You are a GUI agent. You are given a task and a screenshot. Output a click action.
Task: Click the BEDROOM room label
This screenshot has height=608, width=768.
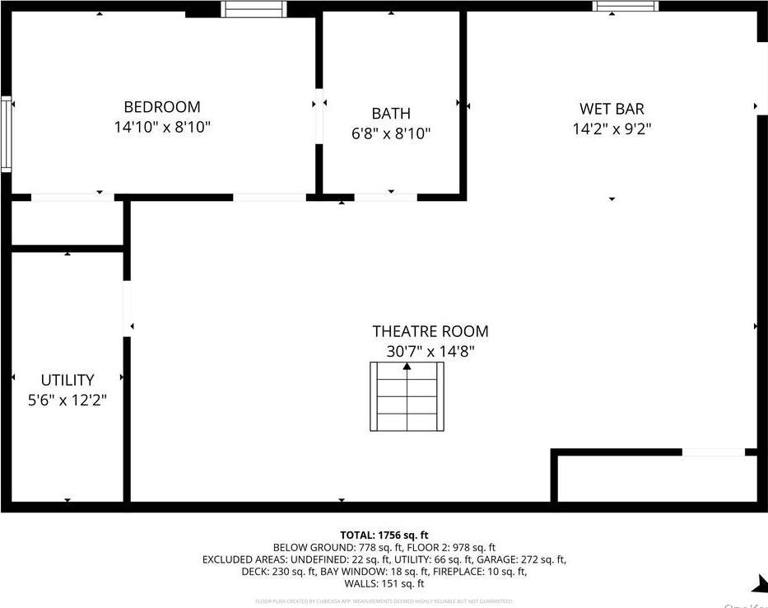tap(162, 107)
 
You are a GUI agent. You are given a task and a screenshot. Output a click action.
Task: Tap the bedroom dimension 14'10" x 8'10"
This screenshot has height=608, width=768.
tap(162, 128)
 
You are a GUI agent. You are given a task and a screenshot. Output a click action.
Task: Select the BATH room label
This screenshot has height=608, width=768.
tap(390, 114)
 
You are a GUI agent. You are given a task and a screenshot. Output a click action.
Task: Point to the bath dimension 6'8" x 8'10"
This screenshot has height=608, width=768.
tap(390, 133)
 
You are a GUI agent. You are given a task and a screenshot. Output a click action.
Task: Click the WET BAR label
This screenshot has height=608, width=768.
tap(612, 109)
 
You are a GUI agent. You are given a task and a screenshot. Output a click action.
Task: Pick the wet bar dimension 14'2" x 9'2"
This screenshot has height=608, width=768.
tap(612, 129)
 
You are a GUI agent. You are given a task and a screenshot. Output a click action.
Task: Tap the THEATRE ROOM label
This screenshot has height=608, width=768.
tap(430, 331)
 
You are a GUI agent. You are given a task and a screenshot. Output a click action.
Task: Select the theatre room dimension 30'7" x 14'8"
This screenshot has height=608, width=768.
tap(430, 352)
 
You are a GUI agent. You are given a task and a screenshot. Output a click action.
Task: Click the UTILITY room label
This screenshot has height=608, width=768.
tap(67, 380)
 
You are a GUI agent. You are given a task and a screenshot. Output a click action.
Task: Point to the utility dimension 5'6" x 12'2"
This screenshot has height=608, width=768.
tap(67, 400)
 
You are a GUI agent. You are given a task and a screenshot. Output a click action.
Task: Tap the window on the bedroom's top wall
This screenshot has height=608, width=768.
tap(254, 9)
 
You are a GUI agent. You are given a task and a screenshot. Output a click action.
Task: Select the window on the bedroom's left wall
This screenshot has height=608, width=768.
tap(6, 133)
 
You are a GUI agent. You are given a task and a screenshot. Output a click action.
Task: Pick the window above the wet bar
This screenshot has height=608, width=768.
tap(626, 6)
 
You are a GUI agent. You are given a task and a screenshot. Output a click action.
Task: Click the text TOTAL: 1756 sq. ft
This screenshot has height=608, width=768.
tap(384, 535)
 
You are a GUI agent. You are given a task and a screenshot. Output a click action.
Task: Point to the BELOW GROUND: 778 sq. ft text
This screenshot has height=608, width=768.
tap(326, 547)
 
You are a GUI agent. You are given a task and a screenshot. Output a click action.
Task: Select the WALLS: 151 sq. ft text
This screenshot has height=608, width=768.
tap(384, 583)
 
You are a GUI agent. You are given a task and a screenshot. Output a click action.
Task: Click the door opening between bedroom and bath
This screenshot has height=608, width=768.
tap(318, 124)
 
